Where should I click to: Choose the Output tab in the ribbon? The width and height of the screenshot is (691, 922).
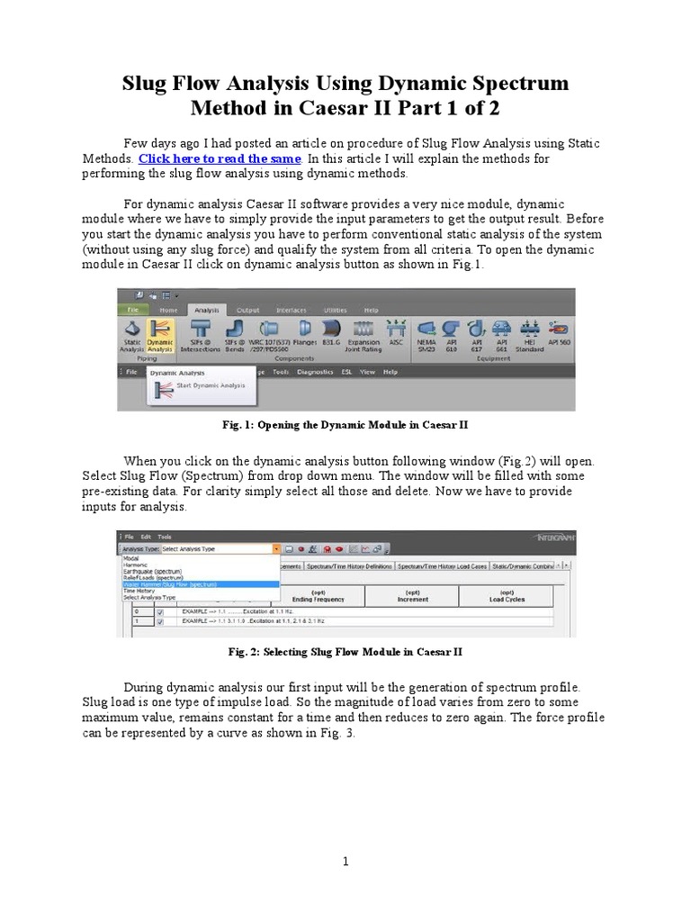click(x=247, y=310)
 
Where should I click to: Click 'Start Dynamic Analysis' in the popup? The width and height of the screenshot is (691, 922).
click(x=209, y=385)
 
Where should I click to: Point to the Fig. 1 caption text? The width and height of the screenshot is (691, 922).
click(x=345, y=423)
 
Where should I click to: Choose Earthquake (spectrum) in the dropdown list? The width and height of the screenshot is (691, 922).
click(x=153, y=571)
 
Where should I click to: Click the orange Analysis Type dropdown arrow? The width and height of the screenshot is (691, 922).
click(x=274, y=548)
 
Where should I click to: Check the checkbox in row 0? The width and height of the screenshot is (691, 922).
click(x=160, y=612)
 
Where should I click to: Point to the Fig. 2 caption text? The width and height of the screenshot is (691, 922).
click(x=345, y=651)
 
